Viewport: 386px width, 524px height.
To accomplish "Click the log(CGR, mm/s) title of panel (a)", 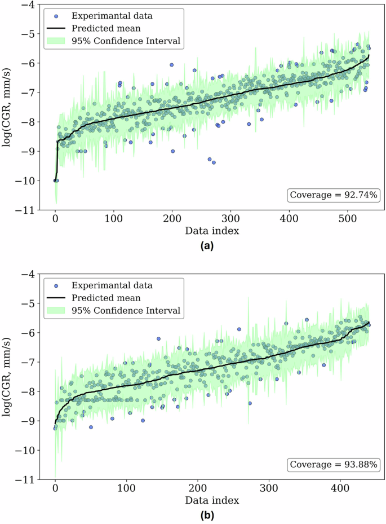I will pyautogui.click(x=8, y=107).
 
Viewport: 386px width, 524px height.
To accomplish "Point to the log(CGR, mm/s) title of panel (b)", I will pyautogui.click(x=8, y=377).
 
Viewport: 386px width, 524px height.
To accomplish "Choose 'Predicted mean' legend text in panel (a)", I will pyautogui.click(x=107, y=28).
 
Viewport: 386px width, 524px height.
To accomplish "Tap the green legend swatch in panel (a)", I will pyautogui.click(x=56, y=41).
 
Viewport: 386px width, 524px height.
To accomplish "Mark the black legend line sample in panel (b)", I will pyautogui.click(x=56, y=298).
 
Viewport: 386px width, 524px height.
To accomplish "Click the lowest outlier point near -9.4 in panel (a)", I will pyautogui.click(x=214, y=162).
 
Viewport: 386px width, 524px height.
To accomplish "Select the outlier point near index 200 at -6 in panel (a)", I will pyautogui.click(x=172, y=65).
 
